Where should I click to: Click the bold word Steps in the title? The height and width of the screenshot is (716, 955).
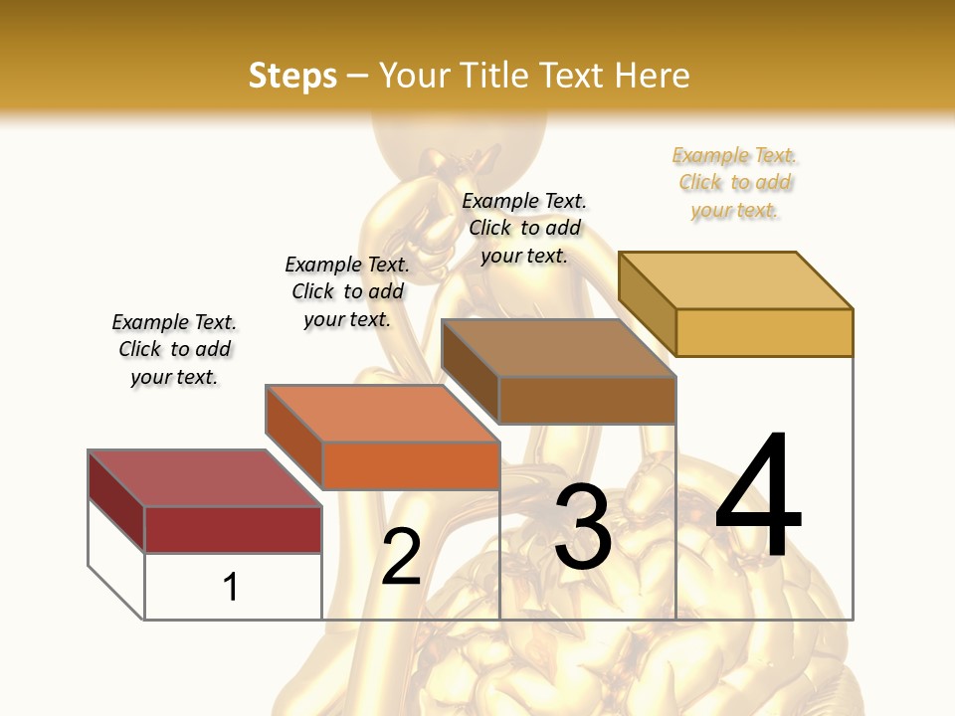pos(292,76)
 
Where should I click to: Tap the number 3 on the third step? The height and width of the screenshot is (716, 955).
pos(583,527)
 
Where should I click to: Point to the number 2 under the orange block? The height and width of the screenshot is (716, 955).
pos(401,556)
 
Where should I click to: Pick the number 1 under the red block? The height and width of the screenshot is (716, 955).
pos(230,587)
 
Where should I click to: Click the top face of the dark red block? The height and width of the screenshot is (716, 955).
pos(205,477)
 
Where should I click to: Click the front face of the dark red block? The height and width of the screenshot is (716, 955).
pos(233,529)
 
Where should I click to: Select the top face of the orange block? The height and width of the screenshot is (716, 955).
pos(382,413)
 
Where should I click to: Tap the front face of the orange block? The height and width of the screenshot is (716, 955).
pos(411,465)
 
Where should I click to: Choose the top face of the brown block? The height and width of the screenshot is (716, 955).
pos(558,348)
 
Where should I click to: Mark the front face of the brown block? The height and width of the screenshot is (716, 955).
pos(587,400)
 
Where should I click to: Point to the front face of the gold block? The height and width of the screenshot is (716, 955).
pos(764,332)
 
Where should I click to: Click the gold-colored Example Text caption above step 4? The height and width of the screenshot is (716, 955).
pos(735,183)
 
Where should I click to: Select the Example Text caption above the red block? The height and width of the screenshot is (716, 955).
pos(174,349)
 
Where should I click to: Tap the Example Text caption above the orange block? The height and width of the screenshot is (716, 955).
pos(347,291)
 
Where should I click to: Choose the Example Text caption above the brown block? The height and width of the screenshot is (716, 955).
pos(524,228)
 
